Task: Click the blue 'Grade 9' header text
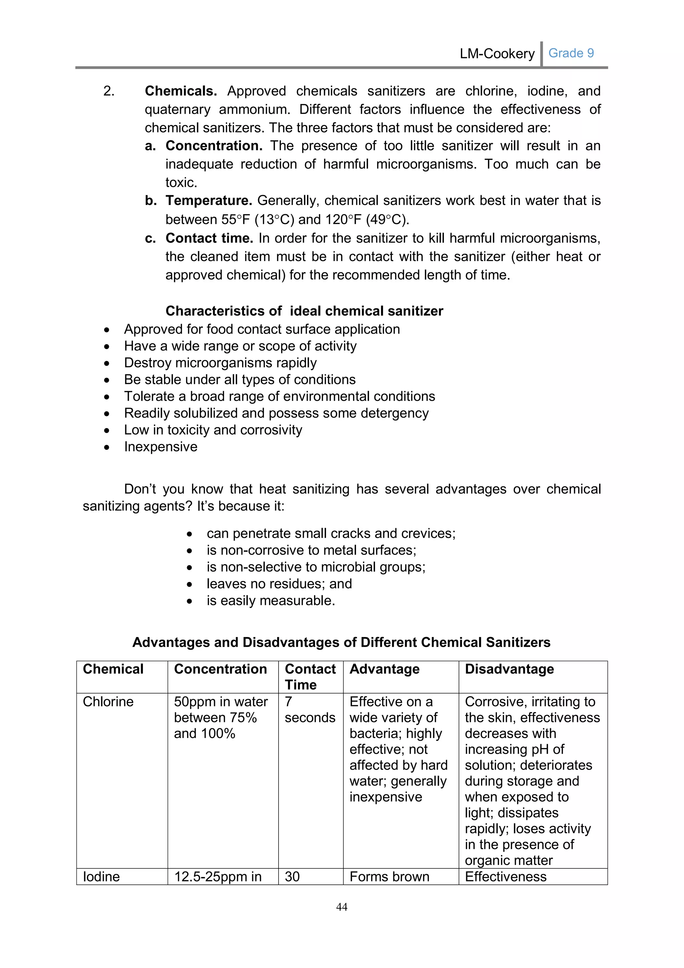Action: pos(571,53)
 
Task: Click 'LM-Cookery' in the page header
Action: pos(497,53)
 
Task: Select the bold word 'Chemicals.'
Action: pos(181,91)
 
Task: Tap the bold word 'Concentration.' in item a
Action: pos(213,146)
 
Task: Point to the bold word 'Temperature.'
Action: pos(208,201)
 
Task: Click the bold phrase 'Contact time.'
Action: pos(209,238)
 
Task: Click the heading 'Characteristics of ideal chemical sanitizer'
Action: pos(304,311)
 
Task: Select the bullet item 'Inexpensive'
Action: pos(160,447)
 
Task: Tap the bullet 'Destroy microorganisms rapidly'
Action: pos(220,363)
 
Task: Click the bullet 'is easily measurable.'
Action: pos(271,601)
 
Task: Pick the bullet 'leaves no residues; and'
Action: pos(279,584)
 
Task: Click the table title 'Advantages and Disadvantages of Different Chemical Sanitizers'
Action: pos(341,642)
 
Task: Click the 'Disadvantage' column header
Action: pos(509,670)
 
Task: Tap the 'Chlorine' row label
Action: pos(108,702)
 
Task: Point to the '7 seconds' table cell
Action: pos(310,710)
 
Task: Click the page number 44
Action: pos(342,907)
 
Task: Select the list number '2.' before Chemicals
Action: pos(109,91)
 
